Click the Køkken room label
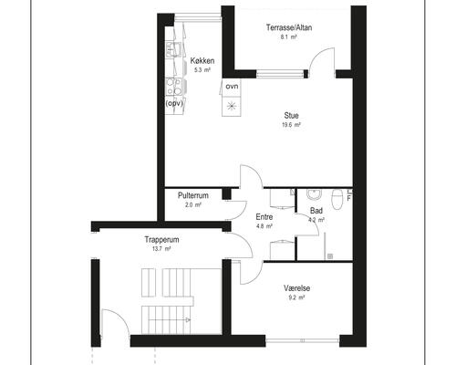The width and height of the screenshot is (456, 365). click(x=202, y=61)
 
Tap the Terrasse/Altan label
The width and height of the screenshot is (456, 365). click(x=289, y=27)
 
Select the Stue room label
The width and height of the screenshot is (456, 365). click(x=291, y=116)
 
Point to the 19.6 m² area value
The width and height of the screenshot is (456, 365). click(x=291, y=125)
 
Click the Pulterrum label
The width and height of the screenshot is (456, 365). click(x=193, y=195)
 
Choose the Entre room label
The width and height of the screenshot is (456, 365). click(x=264, y=217)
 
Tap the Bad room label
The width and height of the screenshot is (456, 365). click(x=316, y=211)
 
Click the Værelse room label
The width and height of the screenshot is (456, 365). click(x=297, y=288)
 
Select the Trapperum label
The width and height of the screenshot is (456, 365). click(x=161, y=240)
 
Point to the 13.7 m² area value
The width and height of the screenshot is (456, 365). click(x=161, y=249)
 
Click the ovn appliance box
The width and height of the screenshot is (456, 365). click(x=232, y=88)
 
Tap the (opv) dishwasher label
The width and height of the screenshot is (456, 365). click(x=174, y=103)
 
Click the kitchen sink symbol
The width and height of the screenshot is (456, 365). click(x=173, y=50)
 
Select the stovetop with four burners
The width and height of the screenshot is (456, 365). click(x=173, y=87)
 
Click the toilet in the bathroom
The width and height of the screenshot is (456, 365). click(x=337, y=199)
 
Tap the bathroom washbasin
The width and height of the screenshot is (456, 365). click(x=314, y=194)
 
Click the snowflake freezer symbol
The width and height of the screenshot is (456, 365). click(x=232, y=106)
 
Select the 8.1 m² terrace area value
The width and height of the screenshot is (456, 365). click(x=289, y=37)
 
